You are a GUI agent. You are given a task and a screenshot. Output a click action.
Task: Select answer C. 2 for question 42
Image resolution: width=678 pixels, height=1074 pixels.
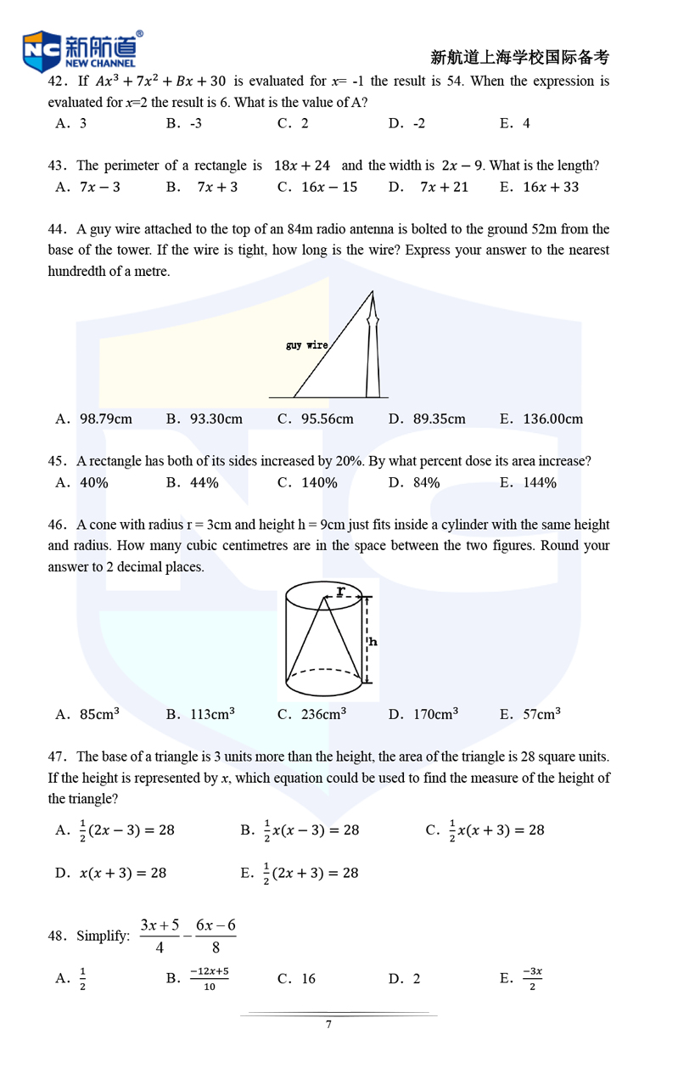pyautogui.click(x=294, y=123)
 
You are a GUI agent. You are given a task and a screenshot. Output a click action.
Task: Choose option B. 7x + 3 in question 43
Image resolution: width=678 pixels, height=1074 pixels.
pyautogui.click(x=207, y=187)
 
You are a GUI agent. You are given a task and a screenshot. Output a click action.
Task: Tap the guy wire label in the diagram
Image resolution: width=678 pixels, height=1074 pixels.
pyautogui.click(x=306, y=346)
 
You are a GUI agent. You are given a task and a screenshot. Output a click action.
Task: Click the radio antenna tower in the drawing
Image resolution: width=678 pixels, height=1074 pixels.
pyautogui.click(x=372, y=348)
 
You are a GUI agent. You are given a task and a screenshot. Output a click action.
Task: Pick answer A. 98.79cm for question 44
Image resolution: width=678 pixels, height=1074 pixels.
pyautogui.click(x=94, y=419)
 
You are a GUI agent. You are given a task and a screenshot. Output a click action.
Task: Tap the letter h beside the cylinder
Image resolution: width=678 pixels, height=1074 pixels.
pyautogui.click(x=373, y=642)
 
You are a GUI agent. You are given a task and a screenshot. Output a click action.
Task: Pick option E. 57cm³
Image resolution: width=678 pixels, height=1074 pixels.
pyautogui.click(x=531, y=714)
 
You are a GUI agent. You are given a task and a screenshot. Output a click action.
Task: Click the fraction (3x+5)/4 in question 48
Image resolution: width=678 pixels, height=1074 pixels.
pyautogui.click(x=160, y=936)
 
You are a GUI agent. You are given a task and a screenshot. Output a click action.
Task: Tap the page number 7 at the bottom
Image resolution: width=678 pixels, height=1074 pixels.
pyautogui.click(x=329, y=1024)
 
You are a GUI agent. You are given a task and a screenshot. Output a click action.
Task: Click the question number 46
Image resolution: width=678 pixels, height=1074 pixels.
pyautogui.click(x=57, y=525)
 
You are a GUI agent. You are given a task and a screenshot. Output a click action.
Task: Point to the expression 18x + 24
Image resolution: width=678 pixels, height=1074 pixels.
pyautogui.click(x=302, y=166)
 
